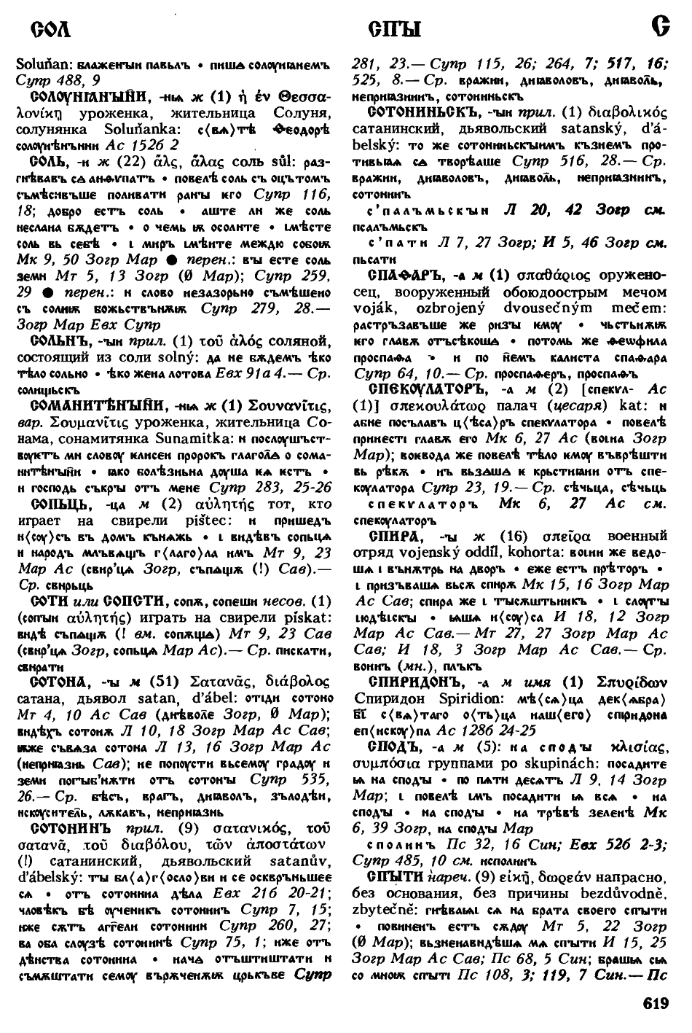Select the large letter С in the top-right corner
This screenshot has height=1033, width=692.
661,28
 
